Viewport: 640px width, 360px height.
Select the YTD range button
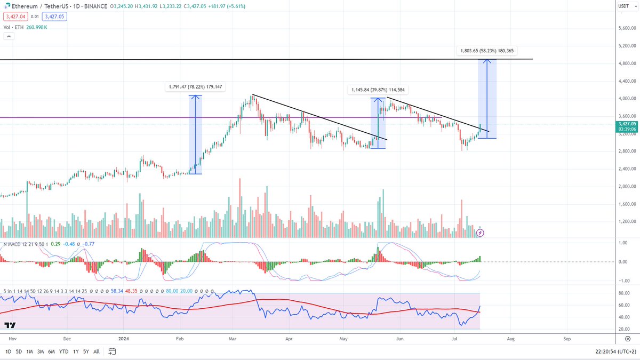click(x=63, y=351)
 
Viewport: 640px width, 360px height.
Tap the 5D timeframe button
click(x=19, y=351)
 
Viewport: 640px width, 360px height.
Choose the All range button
click(x=96, y=351)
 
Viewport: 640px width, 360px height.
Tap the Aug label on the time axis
click(x=510, y=339)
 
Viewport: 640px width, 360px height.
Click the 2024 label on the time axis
click(x=123, y=339)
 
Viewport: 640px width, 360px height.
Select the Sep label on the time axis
click(x=567, y=339)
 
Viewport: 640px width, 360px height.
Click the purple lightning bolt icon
click(x=480, y=232)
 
